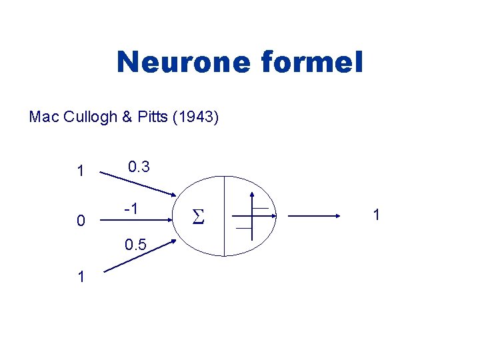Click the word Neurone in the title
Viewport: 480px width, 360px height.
click(x=182, y=63)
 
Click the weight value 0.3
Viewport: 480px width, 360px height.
click(x=138, y=167)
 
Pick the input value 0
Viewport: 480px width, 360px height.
click(x=81, y=221)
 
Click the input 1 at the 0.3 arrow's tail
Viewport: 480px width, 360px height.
click(x=81, y=171)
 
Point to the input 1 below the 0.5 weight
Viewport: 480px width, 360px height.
click(x=81, y=277)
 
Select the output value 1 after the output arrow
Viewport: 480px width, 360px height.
click(x=377, y=215)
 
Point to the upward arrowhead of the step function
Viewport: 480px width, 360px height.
click(x=252, y=196)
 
